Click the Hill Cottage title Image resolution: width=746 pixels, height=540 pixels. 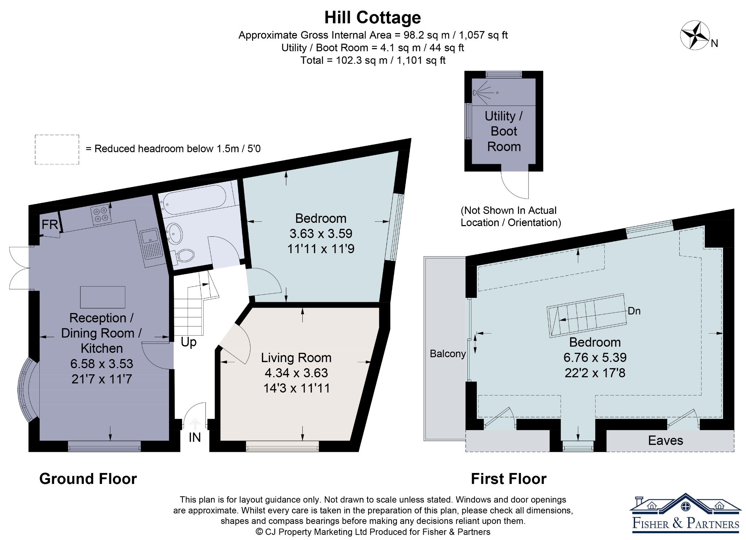[372, 17]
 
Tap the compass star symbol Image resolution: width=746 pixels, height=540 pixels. [695, 35]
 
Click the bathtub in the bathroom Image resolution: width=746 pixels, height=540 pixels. [195, 199]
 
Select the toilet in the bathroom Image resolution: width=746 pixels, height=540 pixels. [184, 255]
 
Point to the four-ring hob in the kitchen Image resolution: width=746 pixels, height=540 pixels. [101, 214]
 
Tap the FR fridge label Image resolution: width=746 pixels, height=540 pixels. [50, 224]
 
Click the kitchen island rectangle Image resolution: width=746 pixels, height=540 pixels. [103, 297]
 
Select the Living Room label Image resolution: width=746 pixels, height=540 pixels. [296, 358]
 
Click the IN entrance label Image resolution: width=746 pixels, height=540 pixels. [195, 437]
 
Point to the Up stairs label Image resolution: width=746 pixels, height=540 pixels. [189, 342]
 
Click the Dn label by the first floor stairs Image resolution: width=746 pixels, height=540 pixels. [634, 311]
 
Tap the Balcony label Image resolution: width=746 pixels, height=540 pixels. [448, 354]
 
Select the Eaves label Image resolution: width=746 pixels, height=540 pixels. [665, 441]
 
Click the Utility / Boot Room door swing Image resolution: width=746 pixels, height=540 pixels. [515, 185]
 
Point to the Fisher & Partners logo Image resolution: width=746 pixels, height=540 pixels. [686, 513]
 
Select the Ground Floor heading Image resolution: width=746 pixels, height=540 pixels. [88, 479]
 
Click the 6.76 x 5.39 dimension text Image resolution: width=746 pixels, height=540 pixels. [595, 358]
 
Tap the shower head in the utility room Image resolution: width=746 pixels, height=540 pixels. [475, 92]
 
